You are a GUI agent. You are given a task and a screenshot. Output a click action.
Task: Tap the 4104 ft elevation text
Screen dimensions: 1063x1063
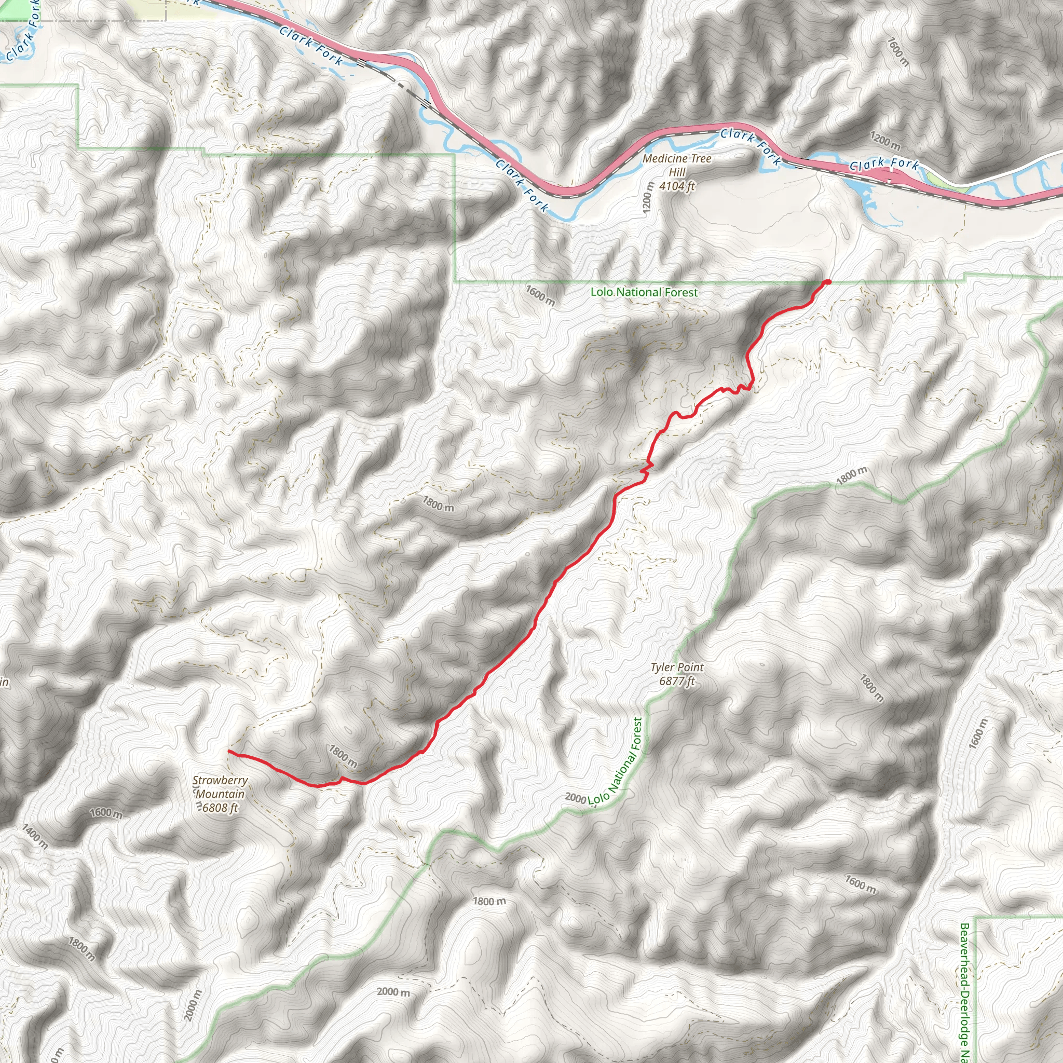pyautogui.click(x=677, y=186)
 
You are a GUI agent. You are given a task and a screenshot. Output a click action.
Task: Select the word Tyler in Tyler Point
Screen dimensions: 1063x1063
pyautogui.click(x=662, y=667)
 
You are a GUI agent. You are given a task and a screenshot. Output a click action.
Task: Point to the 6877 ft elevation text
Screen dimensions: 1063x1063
pyautogui.click(x=677, y=681)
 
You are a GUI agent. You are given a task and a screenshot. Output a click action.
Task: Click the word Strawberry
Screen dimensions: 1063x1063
pyautogui.click(x=220, y=780)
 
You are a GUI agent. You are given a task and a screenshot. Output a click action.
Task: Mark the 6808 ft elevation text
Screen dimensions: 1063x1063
pyautogui.click(x=220, y=808)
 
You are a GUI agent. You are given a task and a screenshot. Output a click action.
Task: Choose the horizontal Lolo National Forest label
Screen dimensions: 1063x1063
pyautogui.click(x=644, y=292)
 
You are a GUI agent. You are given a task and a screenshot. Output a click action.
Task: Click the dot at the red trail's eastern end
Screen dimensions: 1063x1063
pyautogui.click(x=827, y=282)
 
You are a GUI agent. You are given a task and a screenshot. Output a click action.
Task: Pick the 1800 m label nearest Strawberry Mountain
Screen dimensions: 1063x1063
pyautogui.click(x=343, y=757)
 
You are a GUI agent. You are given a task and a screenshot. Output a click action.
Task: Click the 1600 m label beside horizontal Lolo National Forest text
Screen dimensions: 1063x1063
pyautogui.click(x=540, y=295)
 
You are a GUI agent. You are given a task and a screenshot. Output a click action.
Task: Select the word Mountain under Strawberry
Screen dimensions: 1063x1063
pyautogui.click(x=220, y=794)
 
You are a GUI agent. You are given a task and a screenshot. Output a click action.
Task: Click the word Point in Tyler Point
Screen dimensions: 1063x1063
pyautogui.click(x=691, y=667)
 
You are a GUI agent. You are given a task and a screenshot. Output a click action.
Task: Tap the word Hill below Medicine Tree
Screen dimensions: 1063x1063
pyautogui.click(x=677, y=172)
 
